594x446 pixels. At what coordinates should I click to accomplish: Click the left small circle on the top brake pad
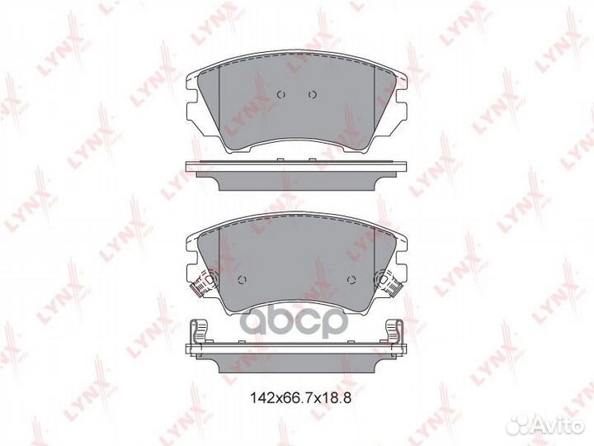coord(280,94)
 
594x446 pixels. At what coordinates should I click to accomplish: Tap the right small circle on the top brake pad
coord(312,94)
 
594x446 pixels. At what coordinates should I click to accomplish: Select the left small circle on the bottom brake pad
coord(242,280)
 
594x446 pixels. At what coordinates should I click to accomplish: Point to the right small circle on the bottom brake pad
coord(351,280)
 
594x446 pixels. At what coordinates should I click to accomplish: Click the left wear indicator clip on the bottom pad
coord(204,283)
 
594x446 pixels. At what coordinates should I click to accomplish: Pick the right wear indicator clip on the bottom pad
coord(389,283)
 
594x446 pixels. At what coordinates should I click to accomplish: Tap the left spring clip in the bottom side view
coord(199,331)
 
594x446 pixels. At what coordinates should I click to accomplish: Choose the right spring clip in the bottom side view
coord(395,331)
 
